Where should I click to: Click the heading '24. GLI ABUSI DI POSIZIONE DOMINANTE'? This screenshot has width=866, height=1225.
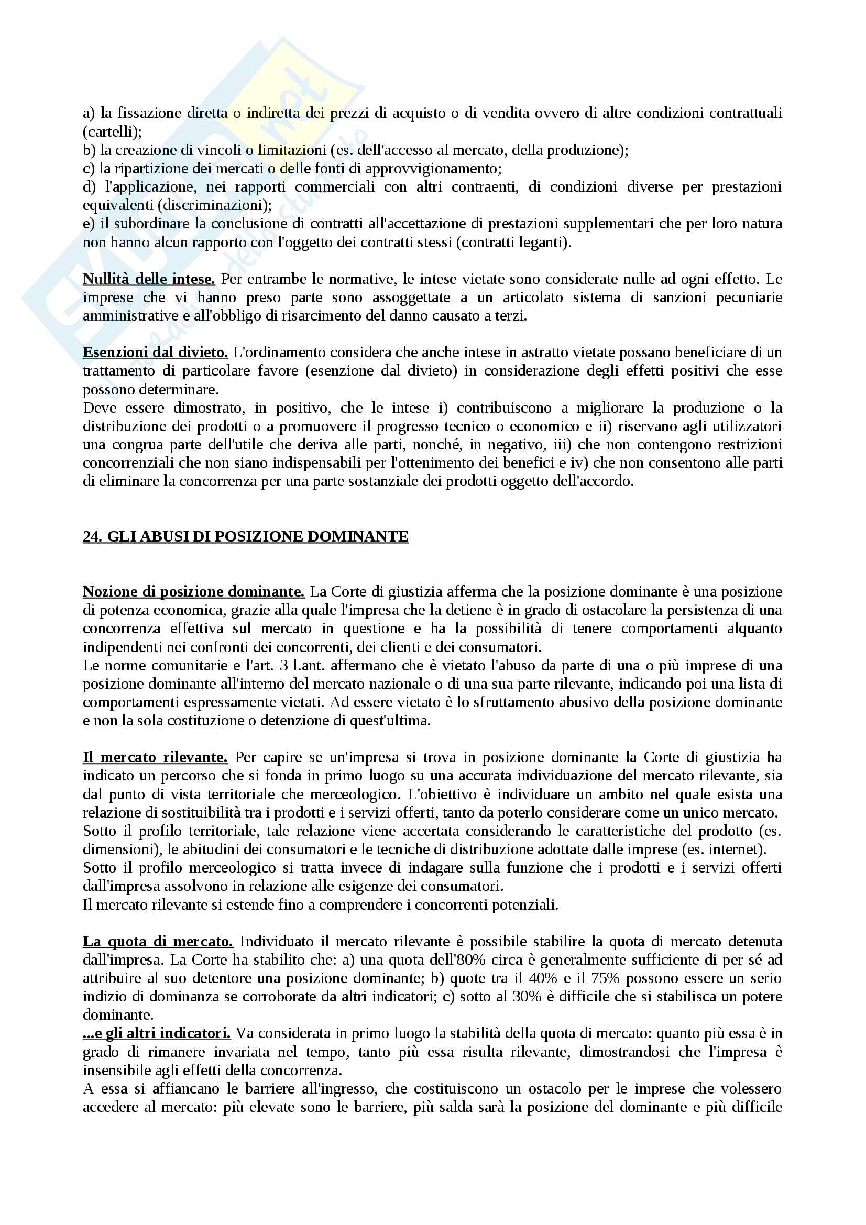tap(246, 536)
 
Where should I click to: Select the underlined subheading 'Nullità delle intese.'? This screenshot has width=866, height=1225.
tap(149, 279)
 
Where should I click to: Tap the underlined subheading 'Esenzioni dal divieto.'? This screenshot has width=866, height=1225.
tap(155, 352)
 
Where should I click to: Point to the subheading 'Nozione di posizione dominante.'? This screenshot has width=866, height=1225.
tap(194, 592)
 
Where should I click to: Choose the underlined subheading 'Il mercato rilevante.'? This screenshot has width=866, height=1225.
tap(155, 757)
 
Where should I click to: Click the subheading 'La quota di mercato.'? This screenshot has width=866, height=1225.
tap(158, 941)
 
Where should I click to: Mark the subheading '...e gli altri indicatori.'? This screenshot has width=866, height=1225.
tap(156, 1033)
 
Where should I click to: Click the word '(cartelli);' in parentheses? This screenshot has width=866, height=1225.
tap(112, 132)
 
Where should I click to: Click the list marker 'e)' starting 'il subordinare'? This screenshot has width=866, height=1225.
tap(89, 224)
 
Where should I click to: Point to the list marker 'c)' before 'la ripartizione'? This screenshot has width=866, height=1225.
tap(88, 169)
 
